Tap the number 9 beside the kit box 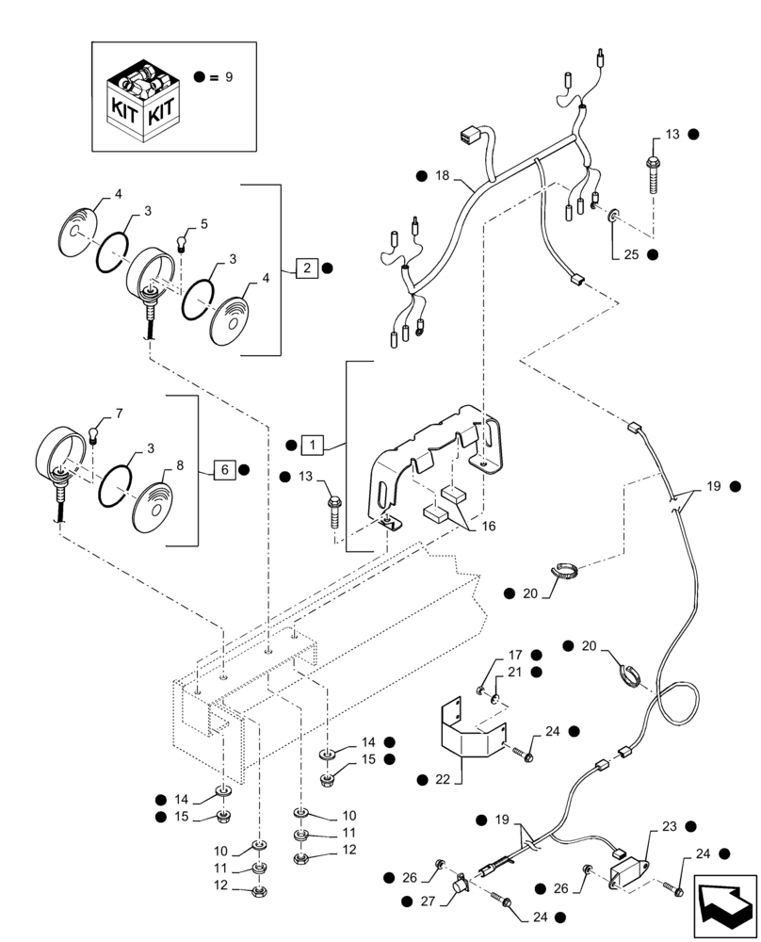click(x=227, y=76)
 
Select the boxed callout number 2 click(x=308, y=268)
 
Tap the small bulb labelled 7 click(x=95, y=433)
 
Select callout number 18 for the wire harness click(x=443, y=176)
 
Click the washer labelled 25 click(x=613, y=217)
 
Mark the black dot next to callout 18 click(x=421, y=176)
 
